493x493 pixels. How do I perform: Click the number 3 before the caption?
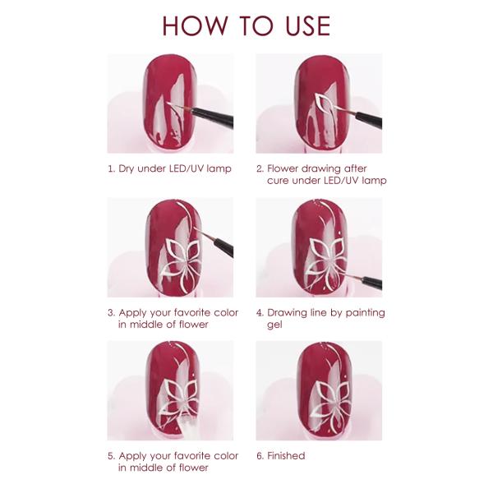tap(111, 312)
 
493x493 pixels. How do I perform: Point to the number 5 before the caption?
tap(111, 455)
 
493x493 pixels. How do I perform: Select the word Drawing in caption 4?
tap(289, 312)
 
